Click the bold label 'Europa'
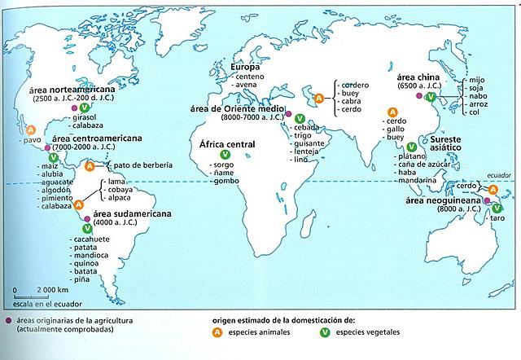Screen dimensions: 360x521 point(245,67)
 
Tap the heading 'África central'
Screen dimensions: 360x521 point(223,143)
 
